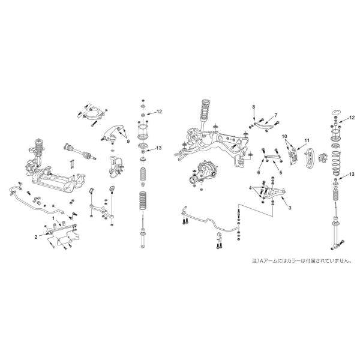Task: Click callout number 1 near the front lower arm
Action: point(53,219)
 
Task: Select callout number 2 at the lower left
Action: point(36,237)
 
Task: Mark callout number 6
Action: point(275,115)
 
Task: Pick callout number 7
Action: point(254,106)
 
